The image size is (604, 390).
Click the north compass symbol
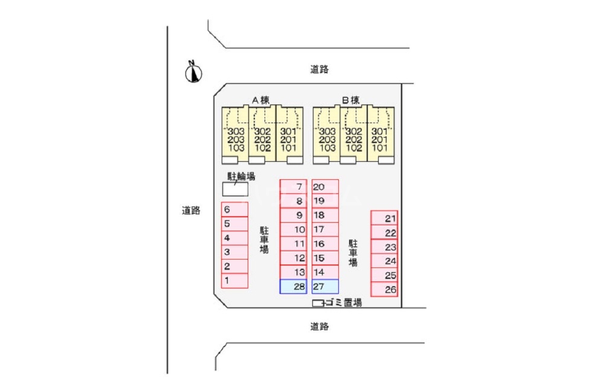click(x=193, y=72)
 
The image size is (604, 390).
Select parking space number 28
click(x=294, y=287)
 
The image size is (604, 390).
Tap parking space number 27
click(x=325, y=287)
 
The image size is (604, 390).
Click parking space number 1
click(x=234, y=281)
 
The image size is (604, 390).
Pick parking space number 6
click(x=234, y=209)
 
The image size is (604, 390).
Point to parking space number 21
click(x=384, y=219)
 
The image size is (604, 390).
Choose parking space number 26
click(x=384, y=290)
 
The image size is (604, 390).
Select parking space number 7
click(x=294, y=187)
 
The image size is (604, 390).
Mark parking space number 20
click(x=325, y=187)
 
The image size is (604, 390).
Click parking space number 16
click(x=325, y=244)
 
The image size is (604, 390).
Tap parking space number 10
click(x=294, y=229)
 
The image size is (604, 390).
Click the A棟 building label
click(x=260, y=100)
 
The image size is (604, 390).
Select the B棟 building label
click(x=351, y=100)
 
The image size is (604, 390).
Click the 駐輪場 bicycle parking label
click(x=241, y=176)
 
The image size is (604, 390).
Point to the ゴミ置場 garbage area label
click(x=342, y=302)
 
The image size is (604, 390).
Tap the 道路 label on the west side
click(x=191, y=211)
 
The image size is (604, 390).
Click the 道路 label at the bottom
click(x=320, y=327)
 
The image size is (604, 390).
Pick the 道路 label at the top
click(x=320, y=69)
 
